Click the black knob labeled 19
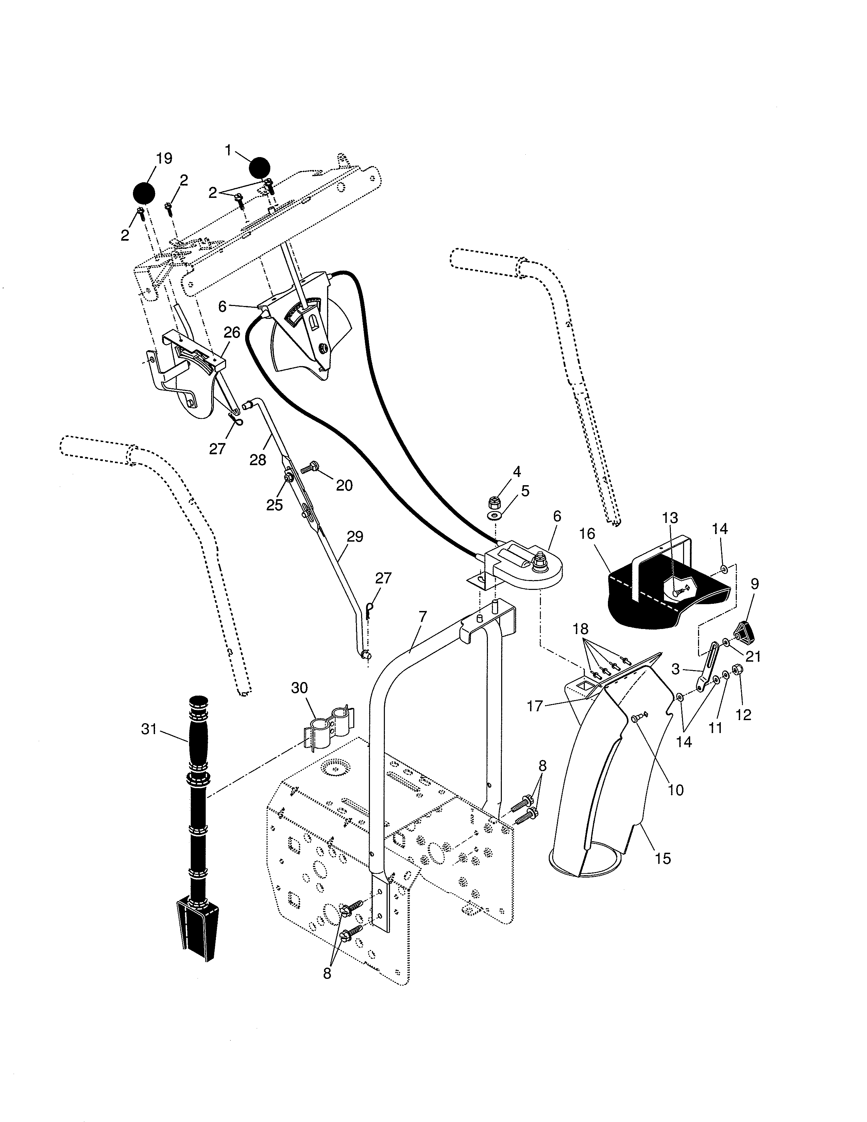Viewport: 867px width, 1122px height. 144,193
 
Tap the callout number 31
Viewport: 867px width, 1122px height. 149,729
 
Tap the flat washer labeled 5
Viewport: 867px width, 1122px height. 495,515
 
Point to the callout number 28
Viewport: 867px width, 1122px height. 258,460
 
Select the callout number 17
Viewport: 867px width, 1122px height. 535,707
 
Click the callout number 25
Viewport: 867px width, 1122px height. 274,505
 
